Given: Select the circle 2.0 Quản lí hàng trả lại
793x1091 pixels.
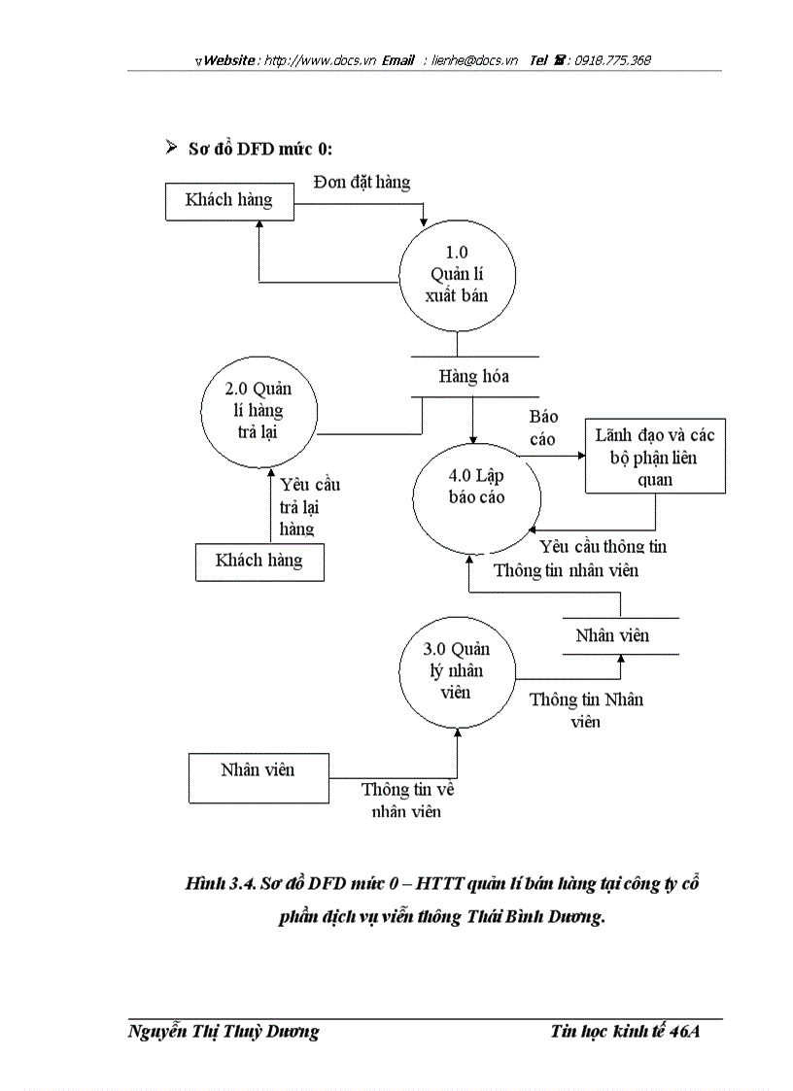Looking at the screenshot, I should [x=259, y=410].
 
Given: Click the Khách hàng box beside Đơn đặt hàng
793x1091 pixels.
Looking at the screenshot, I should [x=228, y=200].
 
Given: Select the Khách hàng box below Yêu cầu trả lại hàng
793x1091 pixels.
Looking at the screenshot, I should [x=259, y=561].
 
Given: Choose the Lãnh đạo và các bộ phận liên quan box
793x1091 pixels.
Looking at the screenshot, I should [x=654, y=458].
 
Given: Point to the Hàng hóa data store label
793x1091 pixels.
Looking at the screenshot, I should [x=473, y=376].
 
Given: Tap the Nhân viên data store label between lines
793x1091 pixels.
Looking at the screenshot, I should [x=612, y=636].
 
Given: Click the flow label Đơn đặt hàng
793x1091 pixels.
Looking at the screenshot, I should [x=362, y=182].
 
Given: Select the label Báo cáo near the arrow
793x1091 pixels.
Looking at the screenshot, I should [x=543, y=427].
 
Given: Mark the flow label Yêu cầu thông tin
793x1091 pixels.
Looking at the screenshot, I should [x=603, y=547].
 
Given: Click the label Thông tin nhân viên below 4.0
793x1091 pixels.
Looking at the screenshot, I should [x=566, y=570].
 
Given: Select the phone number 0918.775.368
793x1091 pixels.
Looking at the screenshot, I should [x=612, y=60].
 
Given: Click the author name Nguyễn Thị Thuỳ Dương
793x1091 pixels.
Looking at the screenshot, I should [x=224, y=1033].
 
